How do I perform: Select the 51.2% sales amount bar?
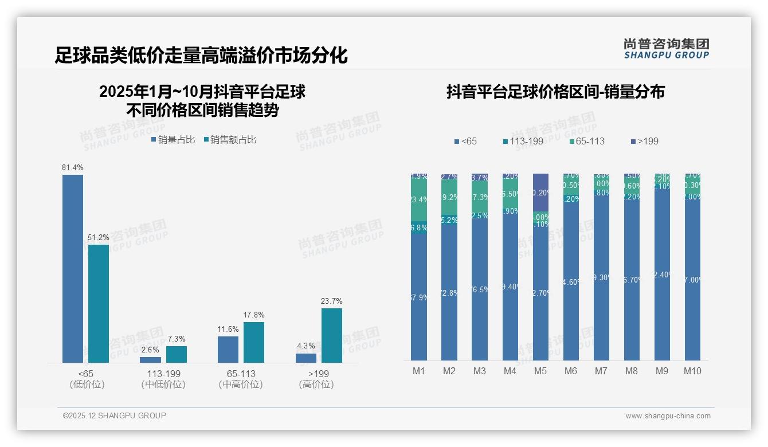pos(99,304)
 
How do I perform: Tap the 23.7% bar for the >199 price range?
pos(332,335)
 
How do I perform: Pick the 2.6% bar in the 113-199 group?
pos(151,359)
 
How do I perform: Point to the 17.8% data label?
pos(254,315)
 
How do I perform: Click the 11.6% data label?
pos(228,329)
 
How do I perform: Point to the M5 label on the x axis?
pos(540,371)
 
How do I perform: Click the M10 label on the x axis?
pos(692,371)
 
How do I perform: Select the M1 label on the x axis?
pos(419,371)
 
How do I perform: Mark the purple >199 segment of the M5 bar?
pos(540,193)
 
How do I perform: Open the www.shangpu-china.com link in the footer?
pos(668,416)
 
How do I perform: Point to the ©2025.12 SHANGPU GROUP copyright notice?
pos(115,415)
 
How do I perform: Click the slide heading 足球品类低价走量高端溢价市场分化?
pos(201,56)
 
